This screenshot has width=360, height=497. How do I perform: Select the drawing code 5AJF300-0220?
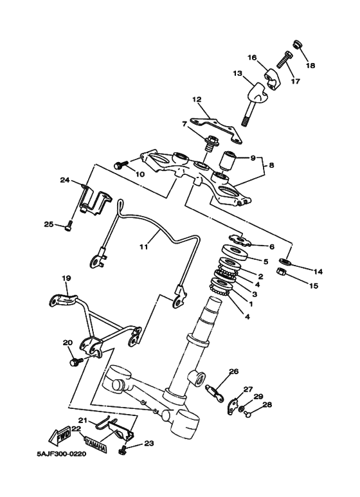(x=62, y=454)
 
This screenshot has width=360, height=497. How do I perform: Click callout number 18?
(x=310, y=66)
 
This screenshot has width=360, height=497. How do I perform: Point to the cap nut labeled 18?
(x=298, y=45)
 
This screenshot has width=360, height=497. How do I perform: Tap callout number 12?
(x=197, y=100)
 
